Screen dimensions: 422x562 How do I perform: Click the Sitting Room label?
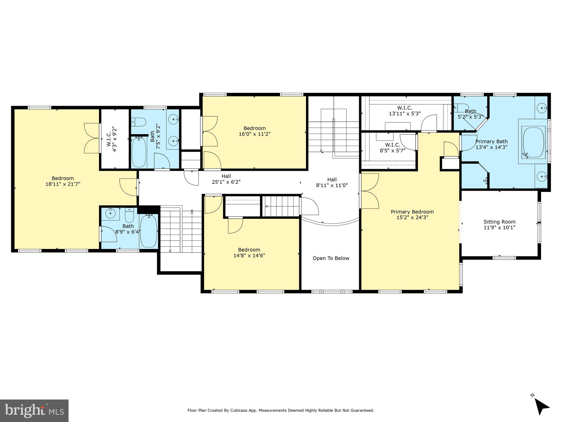[499, 222]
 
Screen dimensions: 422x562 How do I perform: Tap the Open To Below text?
[331, 258]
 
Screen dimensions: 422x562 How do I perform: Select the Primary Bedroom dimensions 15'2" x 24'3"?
[412, 217]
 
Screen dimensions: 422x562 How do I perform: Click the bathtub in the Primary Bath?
[533, 143]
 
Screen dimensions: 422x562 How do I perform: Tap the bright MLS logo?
[34, 410]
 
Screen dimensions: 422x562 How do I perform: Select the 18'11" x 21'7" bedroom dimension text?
[63, 184]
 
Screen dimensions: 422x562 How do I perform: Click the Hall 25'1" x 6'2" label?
[226, 179]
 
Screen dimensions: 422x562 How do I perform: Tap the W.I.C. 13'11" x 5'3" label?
[405, 111]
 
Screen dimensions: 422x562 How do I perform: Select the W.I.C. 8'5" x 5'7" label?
[393, 148]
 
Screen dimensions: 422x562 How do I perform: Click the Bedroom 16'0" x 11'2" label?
[255, 131]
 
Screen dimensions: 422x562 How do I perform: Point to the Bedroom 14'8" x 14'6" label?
[249, 253]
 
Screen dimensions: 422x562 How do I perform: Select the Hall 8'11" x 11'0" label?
[332, 182]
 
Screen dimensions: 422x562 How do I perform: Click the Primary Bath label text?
[491, 142]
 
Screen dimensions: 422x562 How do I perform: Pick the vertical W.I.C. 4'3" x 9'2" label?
[112, 140]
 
